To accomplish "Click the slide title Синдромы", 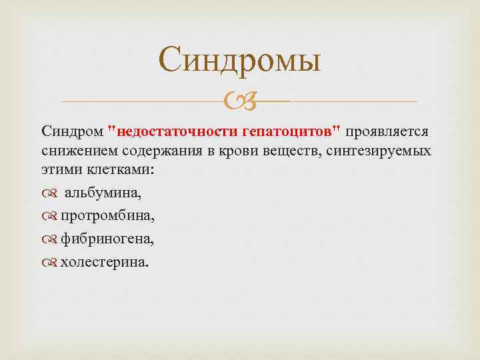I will coord(240,61).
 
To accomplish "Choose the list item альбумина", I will coord(103,193).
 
